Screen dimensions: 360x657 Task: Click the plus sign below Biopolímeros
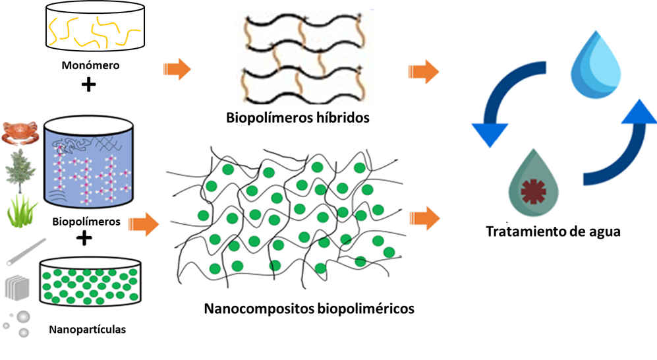click(84, 238)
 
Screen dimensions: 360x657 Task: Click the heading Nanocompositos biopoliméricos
click(309, 309)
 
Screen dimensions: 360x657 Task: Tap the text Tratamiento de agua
click(553, 232)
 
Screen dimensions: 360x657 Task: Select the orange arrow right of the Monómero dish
click(176, 69)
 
